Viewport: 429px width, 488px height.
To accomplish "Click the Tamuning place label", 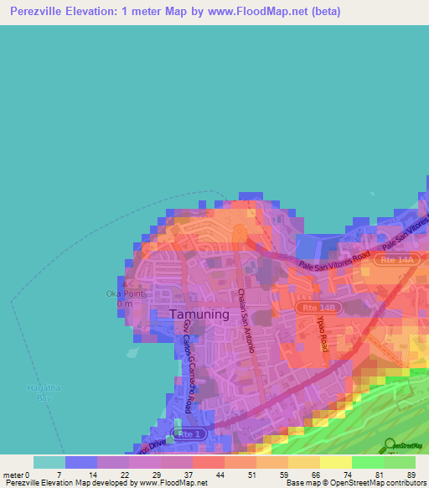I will pyautogui.click(x=199, y=314).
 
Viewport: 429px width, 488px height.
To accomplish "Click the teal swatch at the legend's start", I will pyautogui.click(x=49, y=462).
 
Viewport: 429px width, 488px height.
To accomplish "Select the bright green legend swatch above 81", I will pyautogui.click(x=368, y=462).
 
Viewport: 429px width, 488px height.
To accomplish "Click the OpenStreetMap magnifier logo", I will pyautogui.click(x=390, y=445).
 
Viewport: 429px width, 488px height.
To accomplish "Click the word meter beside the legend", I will pyautogui.click(x=13, y=475).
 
